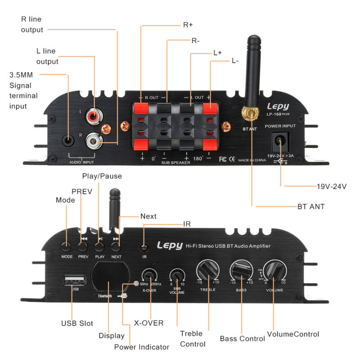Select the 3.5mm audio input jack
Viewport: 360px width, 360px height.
coord(68,140)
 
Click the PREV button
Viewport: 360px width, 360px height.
coord(82,246)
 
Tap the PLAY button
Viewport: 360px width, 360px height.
coord(99,246)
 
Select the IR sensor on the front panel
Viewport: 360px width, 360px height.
coord(144,247)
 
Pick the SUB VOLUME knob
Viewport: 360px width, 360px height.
coord(177,274)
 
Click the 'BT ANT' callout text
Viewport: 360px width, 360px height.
coord(311,207)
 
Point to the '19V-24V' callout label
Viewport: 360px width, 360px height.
coord(322,186)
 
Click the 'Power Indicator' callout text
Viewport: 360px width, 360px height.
coord(142,347)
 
